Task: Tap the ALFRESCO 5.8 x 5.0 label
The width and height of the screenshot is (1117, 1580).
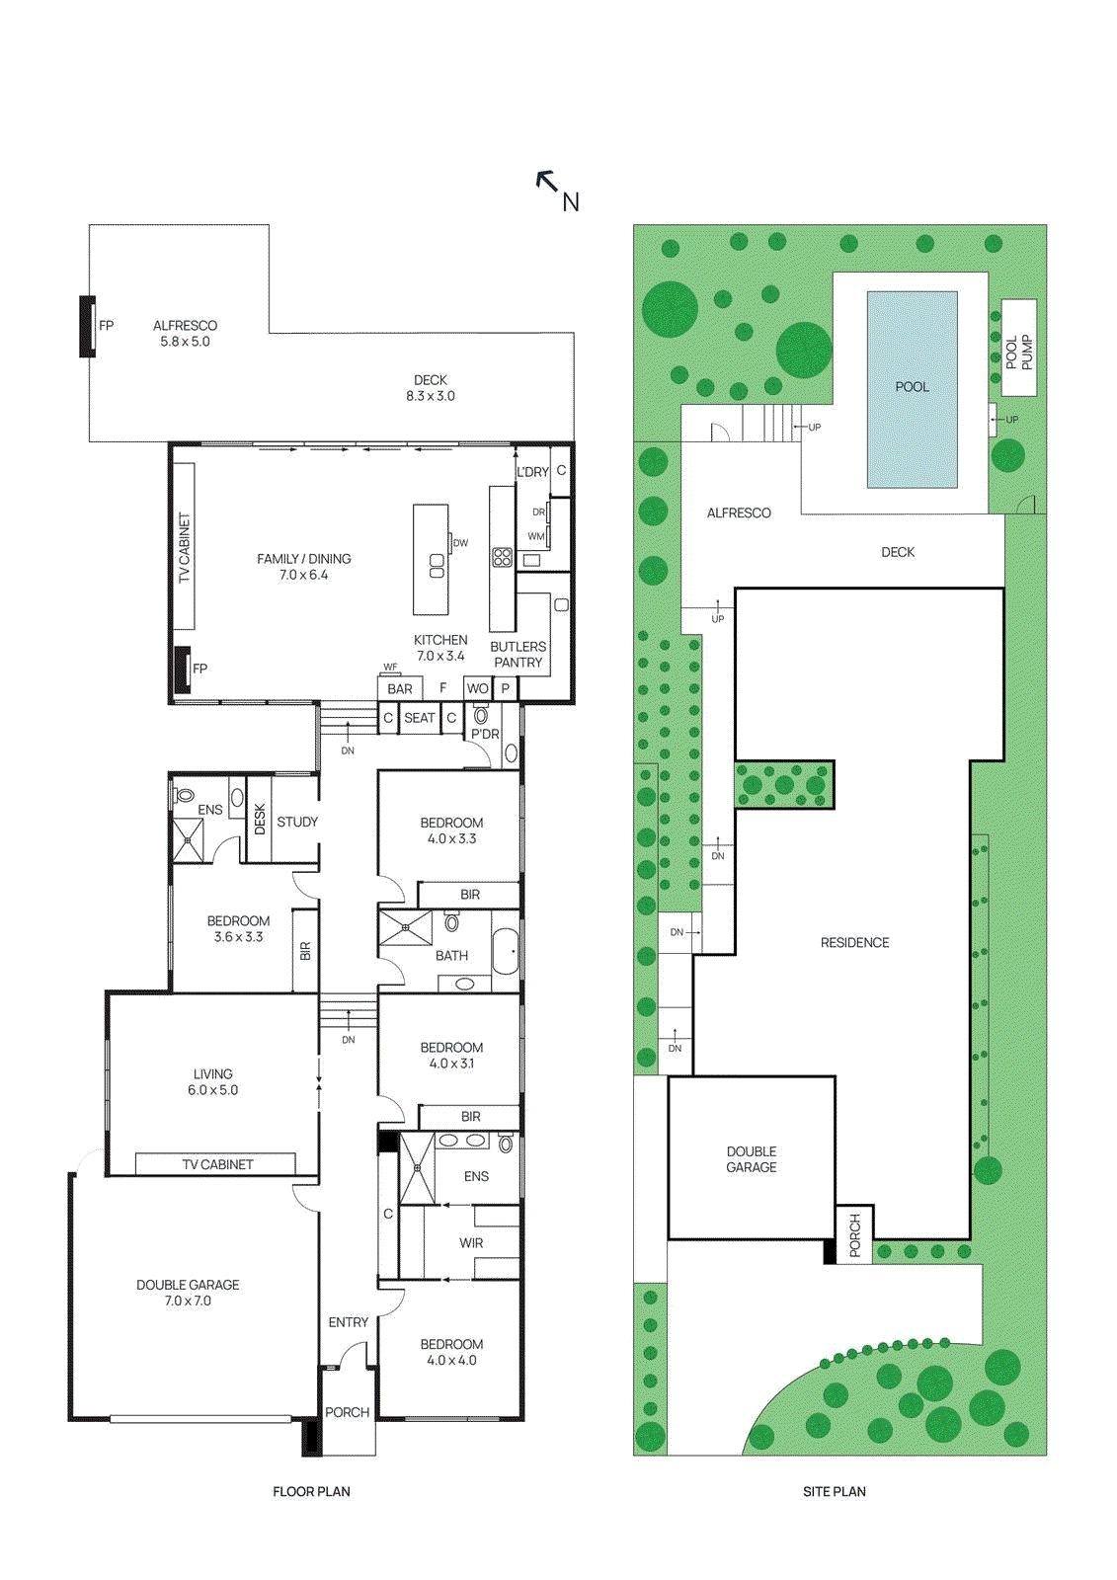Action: [x=185, y=334]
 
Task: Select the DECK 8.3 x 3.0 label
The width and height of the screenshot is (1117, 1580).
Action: [x=431, y=388]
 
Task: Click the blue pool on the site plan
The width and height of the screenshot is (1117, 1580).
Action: [x=912, y=388]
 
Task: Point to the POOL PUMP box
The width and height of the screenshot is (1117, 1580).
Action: [x=1018, y=349]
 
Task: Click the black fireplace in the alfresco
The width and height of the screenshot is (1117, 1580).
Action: [x=87, y=326]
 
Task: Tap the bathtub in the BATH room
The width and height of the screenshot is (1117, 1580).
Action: [x=505, y=951]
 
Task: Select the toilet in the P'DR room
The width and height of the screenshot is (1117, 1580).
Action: [x=481, y=715]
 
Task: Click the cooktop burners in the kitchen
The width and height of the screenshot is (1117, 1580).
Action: [x=502, y=557]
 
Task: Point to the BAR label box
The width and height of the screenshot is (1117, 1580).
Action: [x=400, y=688]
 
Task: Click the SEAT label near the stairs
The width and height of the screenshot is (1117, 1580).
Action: [x=419, y=718]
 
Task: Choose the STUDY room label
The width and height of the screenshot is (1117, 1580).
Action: [x=297, y=822]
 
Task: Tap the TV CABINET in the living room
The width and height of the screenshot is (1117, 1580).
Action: [x=217, y=1164]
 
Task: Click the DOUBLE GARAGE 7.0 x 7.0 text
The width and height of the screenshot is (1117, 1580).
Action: [x=188, y=1293]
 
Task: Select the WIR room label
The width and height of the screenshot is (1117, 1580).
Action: [x=471, y=1243]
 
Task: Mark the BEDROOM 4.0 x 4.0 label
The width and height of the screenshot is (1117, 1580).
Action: [x=451, y=1352]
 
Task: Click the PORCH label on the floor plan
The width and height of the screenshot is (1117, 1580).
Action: [x=348, y=1412]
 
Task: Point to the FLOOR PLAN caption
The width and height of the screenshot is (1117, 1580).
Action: [x=311, y=1491]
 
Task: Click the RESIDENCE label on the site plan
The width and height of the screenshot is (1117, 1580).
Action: [x=854, y=943]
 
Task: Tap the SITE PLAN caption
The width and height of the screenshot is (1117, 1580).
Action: [x=834, y=1491]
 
